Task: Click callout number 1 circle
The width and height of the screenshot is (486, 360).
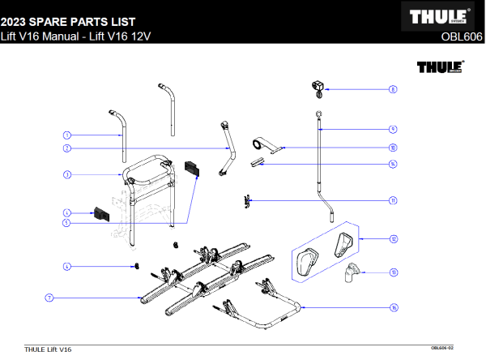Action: point(67,135)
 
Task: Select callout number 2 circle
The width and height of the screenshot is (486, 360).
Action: point(67,149)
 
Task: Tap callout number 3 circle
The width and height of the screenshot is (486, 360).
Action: point(67,174)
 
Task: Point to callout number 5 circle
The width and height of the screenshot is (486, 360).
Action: point(67,222)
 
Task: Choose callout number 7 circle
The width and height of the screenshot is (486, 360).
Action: point(49,298)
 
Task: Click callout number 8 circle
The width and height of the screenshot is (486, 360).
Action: point(393,90)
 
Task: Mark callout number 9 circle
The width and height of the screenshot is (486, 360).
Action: point(393,129)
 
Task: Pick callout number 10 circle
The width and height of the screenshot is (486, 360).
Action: point(393,148)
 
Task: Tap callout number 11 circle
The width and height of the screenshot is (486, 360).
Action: point(393,200)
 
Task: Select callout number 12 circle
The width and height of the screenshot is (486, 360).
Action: point(393,239)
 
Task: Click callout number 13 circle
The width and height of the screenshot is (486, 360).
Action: point(393,273)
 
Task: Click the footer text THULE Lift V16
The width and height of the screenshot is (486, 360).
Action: point(48,349)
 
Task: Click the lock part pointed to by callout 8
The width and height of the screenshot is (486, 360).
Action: point(318,86)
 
